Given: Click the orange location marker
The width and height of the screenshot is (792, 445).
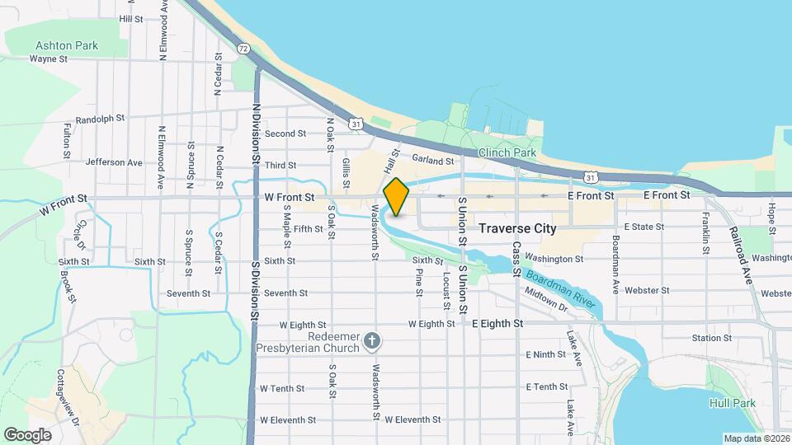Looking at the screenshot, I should point(396,197).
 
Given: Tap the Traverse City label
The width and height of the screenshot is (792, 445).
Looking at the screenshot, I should point(517,228).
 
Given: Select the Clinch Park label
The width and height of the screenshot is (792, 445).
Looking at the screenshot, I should point(507,152).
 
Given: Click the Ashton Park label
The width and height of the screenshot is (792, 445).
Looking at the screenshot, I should point(67,45).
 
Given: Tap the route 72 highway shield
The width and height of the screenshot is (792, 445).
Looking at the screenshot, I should point(243,49).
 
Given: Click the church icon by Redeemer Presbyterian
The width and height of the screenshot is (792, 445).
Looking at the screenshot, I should point(373,340).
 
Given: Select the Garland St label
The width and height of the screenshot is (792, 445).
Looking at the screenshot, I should point(433,161).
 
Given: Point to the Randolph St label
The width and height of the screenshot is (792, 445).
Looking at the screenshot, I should point(99,119).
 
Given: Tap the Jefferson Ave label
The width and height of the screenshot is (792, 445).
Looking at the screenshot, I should point(114,162).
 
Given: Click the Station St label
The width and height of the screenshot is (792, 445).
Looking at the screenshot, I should point(711,338).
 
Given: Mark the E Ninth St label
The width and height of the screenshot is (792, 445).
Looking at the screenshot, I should point(545,354).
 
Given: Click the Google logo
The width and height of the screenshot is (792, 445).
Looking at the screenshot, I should point(27,435).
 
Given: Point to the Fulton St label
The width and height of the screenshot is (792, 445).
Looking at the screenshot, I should point(68,140).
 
